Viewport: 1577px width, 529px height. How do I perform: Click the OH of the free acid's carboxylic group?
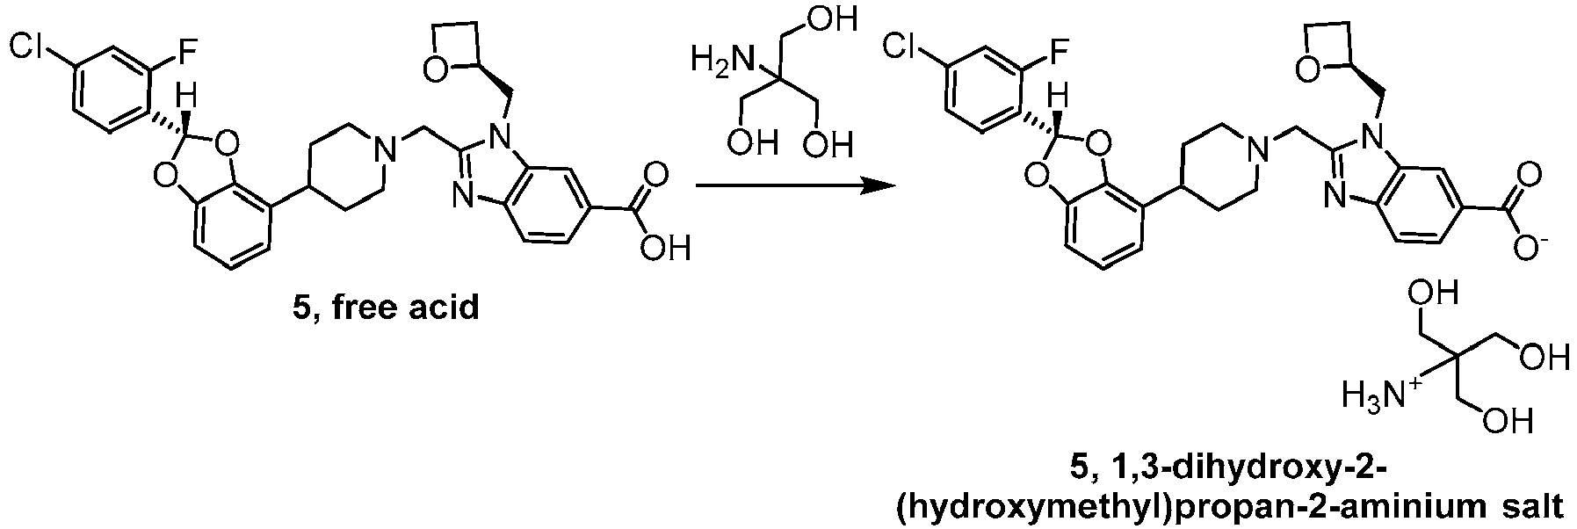click(x=664, y=250)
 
